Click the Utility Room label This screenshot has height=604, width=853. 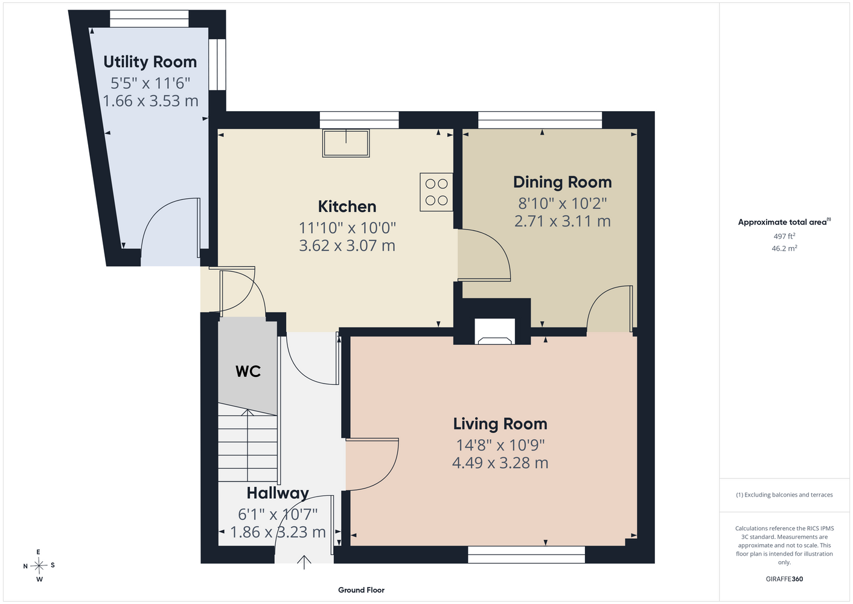click(150, 62)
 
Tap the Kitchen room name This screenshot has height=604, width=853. click(347, 207)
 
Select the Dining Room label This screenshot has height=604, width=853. click(563, 182)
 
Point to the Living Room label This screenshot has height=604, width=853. click(500, 424)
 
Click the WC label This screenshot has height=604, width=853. click(248, 371)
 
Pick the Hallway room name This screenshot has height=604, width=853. click(278, 493)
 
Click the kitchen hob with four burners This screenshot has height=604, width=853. click(436, 192)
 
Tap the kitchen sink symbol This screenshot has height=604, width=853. click(346, 143)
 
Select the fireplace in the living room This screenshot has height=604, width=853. click(494, 332)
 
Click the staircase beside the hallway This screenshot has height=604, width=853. click(248, 442)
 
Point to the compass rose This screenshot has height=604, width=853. click(39, 565)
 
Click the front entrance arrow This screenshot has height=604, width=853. click(304, 562)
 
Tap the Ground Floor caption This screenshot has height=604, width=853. click(361, 590)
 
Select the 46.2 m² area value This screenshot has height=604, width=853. click(784, 248)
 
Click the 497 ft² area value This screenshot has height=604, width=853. click(784, 236)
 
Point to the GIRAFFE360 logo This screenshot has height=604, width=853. click(784, 579)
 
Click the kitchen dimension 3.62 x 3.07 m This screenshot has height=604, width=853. click(347, 246)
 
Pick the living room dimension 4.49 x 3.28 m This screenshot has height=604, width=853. click(500, 463)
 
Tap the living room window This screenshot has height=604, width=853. click(526, 554)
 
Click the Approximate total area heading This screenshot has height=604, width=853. click(784, 222)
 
